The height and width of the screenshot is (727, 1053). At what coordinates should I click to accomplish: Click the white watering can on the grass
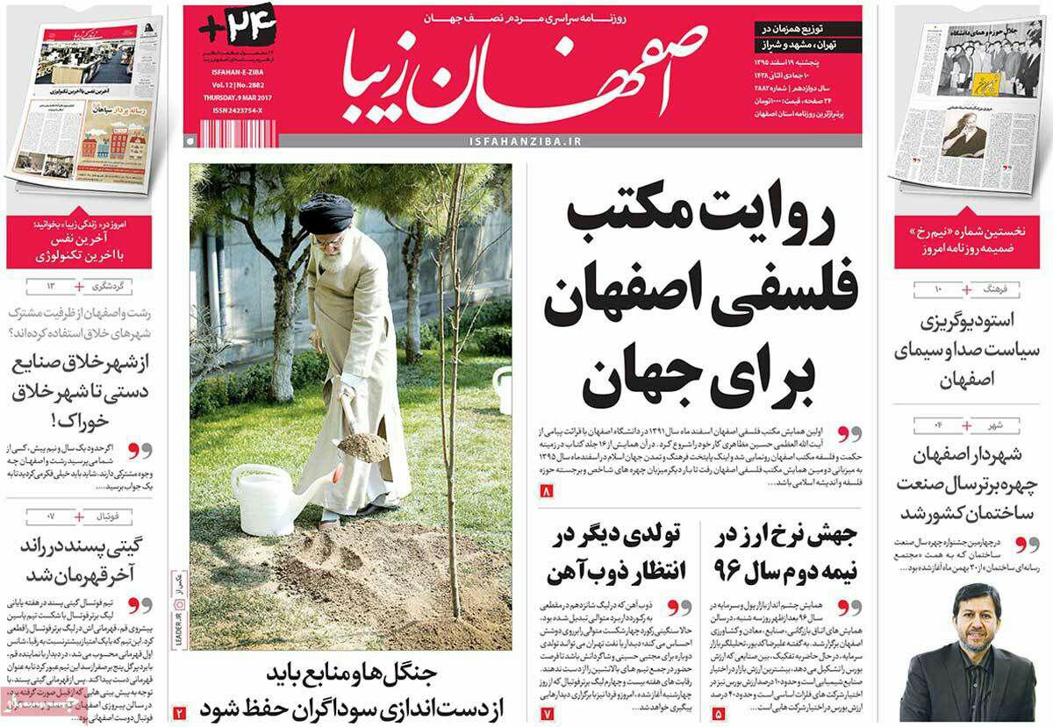(x=268, y=498)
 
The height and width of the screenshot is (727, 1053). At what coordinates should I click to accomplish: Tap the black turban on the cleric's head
(x=326, y=213)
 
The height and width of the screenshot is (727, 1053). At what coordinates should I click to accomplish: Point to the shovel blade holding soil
(x=362, y=445)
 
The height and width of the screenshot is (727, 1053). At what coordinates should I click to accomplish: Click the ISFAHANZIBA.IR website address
(x=521, y=140)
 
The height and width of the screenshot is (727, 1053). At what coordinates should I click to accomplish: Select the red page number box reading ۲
(x=179, y=712)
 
